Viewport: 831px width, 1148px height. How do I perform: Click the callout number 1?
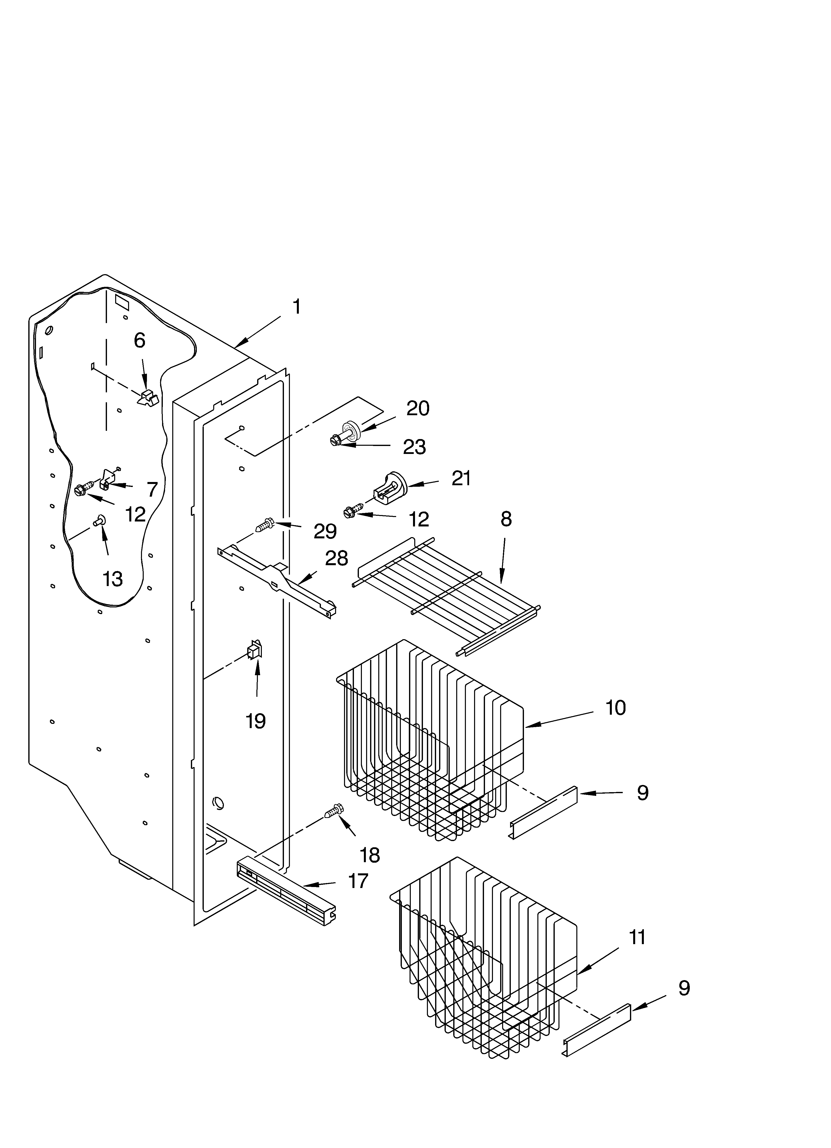[297, 307]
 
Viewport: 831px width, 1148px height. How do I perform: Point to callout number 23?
[414, 447]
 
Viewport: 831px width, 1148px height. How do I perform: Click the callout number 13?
[112, 579]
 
